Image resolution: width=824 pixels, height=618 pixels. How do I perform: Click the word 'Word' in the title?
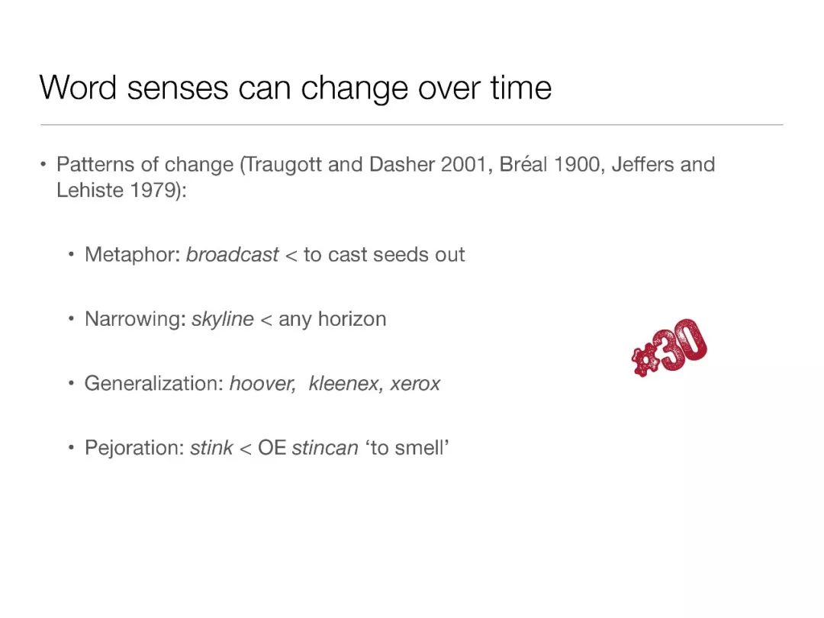[x=78, y=87]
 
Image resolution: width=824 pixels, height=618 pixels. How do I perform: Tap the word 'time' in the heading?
[x=521, y=87]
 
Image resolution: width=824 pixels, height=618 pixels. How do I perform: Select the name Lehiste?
[x=90, y=190]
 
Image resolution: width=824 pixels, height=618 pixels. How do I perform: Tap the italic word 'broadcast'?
[x=232, y=255]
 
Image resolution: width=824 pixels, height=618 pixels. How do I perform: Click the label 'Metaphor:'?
[x=133, y=255]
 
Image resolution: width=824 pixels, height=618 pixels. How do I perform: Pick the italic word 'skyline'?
[x=223, y=319]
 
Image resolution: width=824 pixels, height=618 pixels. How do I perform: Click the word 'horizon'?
[x=352, y=319]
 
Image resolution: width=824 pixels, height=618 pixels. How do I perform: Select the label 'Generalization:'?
[x=154, y=384]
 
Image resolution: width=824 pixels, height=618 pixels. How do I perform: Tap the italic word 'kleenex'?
[x=343, y=384]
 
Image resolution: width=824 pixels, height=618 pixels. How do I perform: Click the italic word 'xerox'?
[x=415, y=384]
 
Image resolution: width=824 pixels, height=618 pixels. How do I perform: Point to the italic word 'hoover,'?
[x=262, y=384]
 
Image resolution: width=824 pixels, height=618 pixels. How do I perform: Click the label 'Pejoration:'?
[x=134, y=448]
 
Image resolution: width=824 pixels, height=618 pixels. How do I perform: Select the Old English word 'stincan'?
[x=325, y=448]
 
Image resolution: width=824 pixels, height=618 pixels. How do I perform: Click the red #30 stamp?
[x=670, y=347]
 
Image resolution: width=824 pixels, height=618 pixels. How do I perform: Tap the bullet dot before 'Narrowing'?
[x=71, y=319]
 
